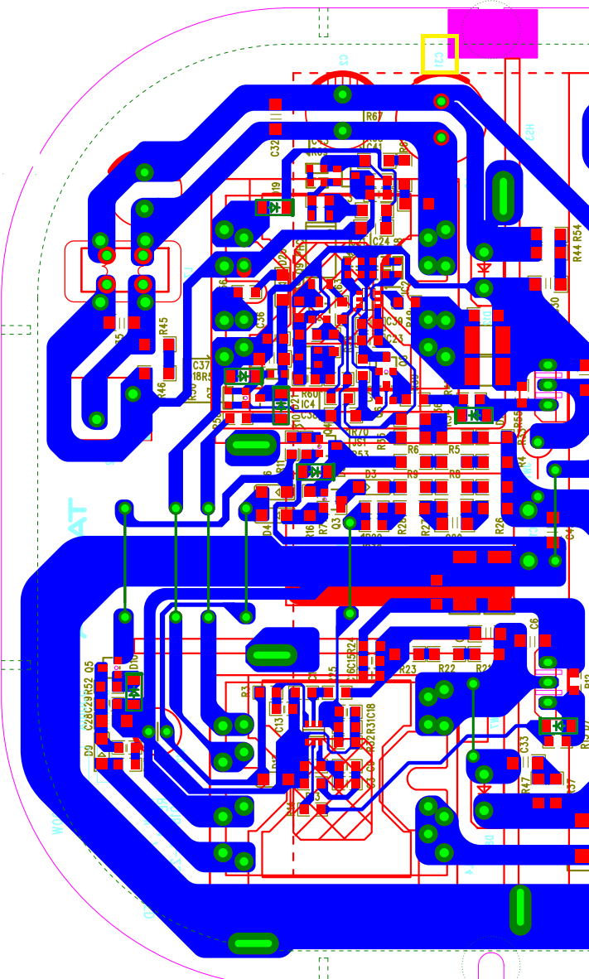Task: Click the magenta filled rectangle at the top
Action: pyautogui.click(x=492, y=33)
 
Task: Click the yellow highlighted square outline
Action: pyautogui.click(x=439, y=54)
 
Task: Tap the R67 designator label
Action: pyautogui.click(x=374, y=117)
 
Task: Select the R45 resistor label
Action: pyautogui.click(x=163, y=325)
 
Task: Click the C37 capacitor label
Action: pyautogui.click(x=201, y=364)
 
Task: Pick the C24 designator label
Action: pyautogui.click(x=380, y=241)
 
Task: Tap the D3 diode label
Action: pyautogui.click(x=371, y=474)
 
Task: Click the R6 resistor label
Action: pyautogui.click(x=413, y=449)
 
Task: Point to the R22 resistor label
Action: pyautogui.click(x=447, y=668)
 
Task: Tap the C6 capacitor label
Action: pyautogui.click(x=534, y=621)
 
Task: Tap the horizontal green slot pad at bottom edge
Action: pyautogui.click(x=253, y=943)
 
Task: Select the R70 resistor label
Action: pyautogui.click(x=360, y=432)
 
